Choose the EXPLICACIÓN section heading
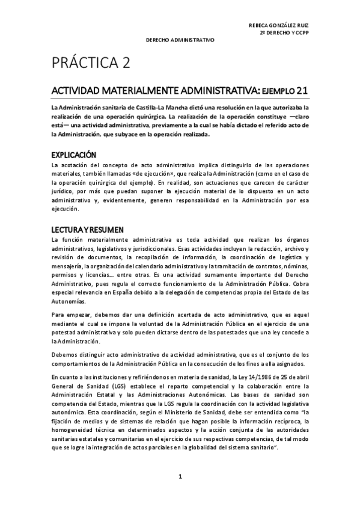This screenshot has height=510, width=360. (73, 154)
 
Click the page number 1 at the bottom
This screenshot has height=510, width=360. (180, 477)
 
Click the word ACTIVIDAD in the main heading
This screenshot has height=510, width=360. (79, 91)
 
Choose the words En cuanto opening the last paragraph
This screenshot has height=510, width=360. (63, 377)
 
